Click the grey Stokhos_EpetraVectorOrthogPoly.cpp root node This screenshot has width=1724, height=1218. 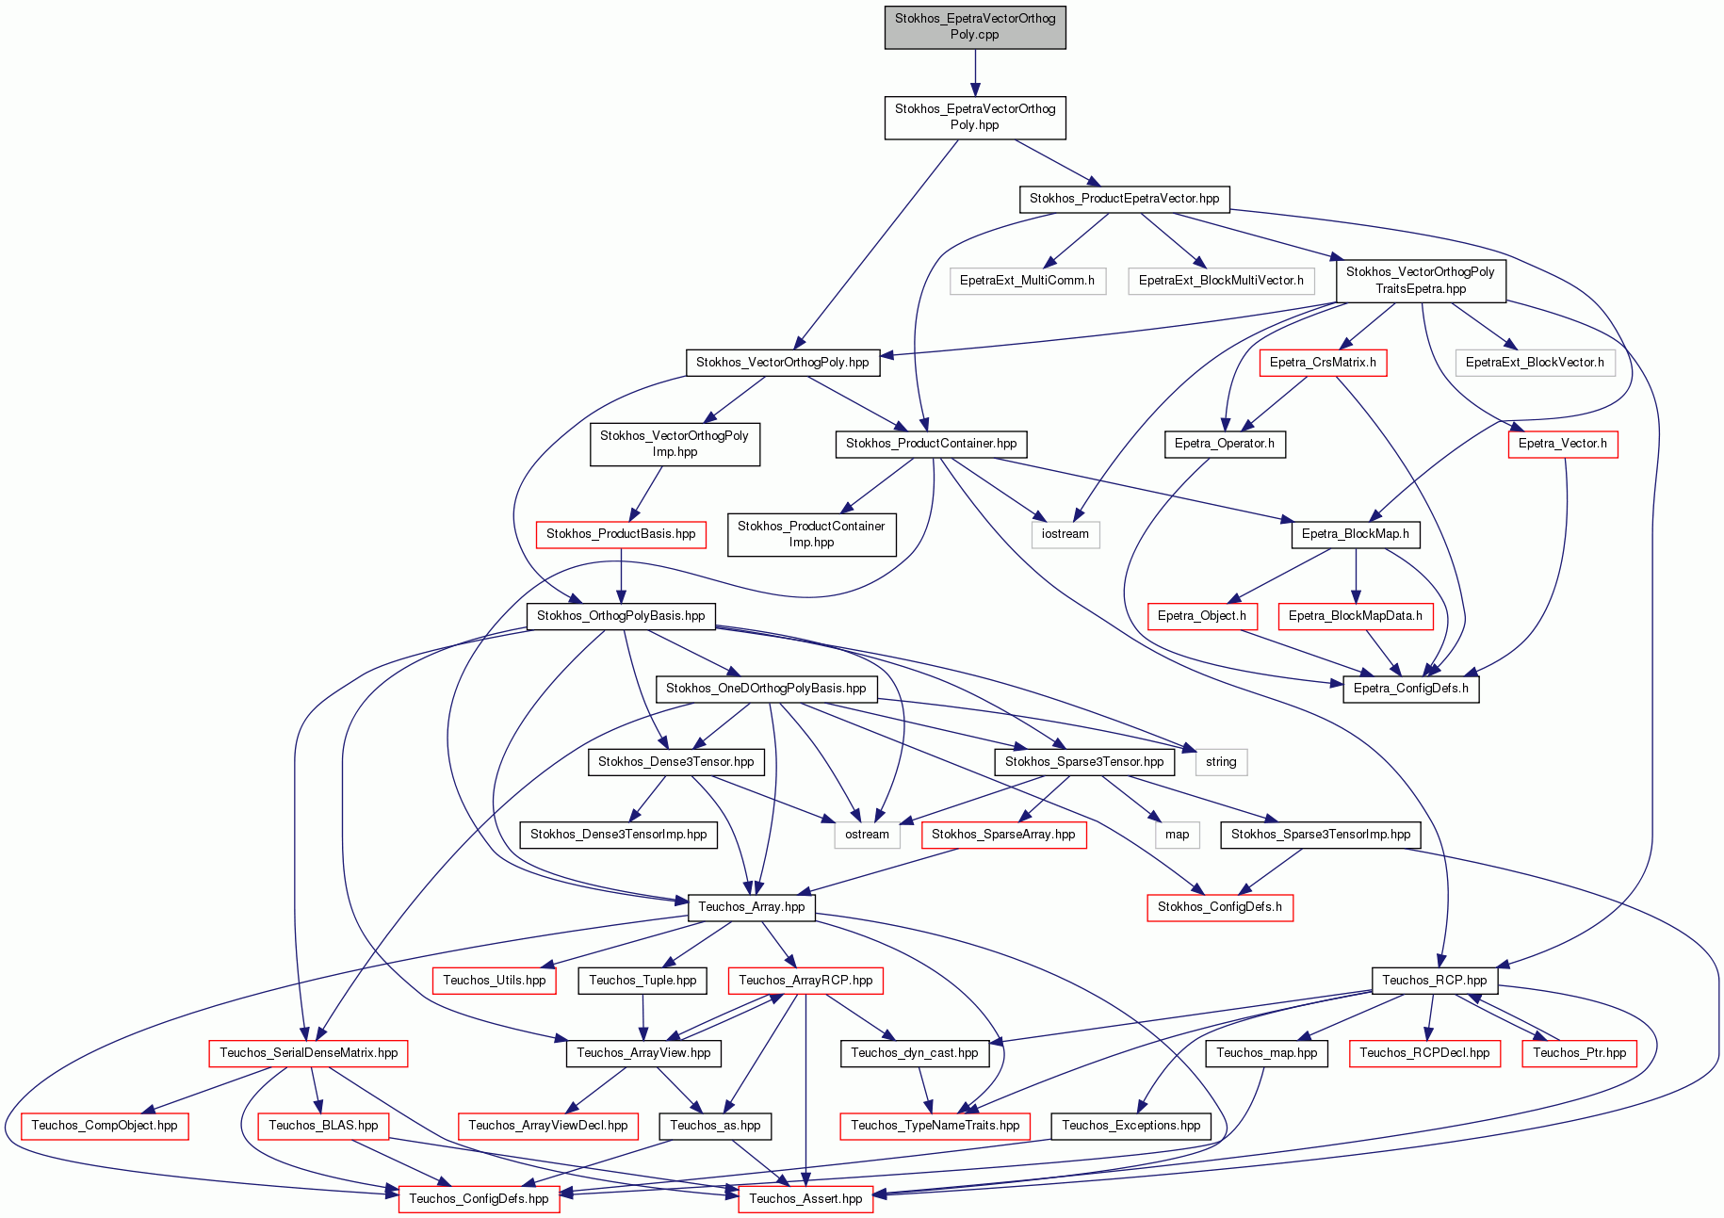tap(975, 26)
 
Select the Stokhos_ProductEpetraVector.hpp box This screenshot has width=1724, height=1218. tap(1124, 199)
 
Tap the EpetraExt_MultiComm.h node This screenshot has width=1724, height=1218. tap(1027, 281)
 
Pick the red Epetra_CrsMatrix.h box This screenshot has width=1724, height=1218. tap(1323, 363)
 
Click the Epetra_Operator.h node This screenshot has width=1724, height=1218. tap(1225, 444)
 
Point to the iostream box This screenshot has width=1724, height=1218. tap(1065, 534)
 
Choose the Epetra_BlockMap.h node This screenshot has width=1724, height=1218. tap(1356, 534)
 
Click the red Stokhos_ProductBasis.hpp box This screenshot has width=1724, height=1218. tap(621, 534)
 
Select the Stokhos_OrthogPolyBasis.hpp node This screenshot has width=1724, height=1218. tap(621, 616)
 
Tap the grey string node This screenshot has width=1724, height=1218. tap(1221, 762)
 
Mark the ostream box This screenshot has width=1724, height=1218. tap(867, 835)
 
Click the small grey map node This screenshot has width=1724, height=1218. tap(1178, 835)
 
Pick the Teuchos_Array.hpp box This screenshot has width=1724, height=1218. tap(752, 907)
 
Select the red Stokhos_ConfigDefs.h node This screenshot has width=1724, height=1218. tap(1220, 907)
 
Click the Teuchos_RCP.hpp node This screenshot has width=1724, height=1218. tap(1435, 981)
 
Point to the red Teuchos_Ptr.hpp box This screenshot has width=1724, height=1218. tap(1580, 1053)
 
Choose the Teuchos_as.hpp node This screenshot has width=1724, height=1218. tap(716, 1126)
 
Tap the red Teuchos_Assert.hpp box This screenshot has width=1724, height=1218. tap(805, 1199)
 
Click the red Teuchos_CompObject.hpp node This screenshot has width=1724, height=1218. tap(105, 1126)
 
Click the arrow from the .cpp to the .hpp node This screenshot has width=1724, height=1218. tap(975, 73)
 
